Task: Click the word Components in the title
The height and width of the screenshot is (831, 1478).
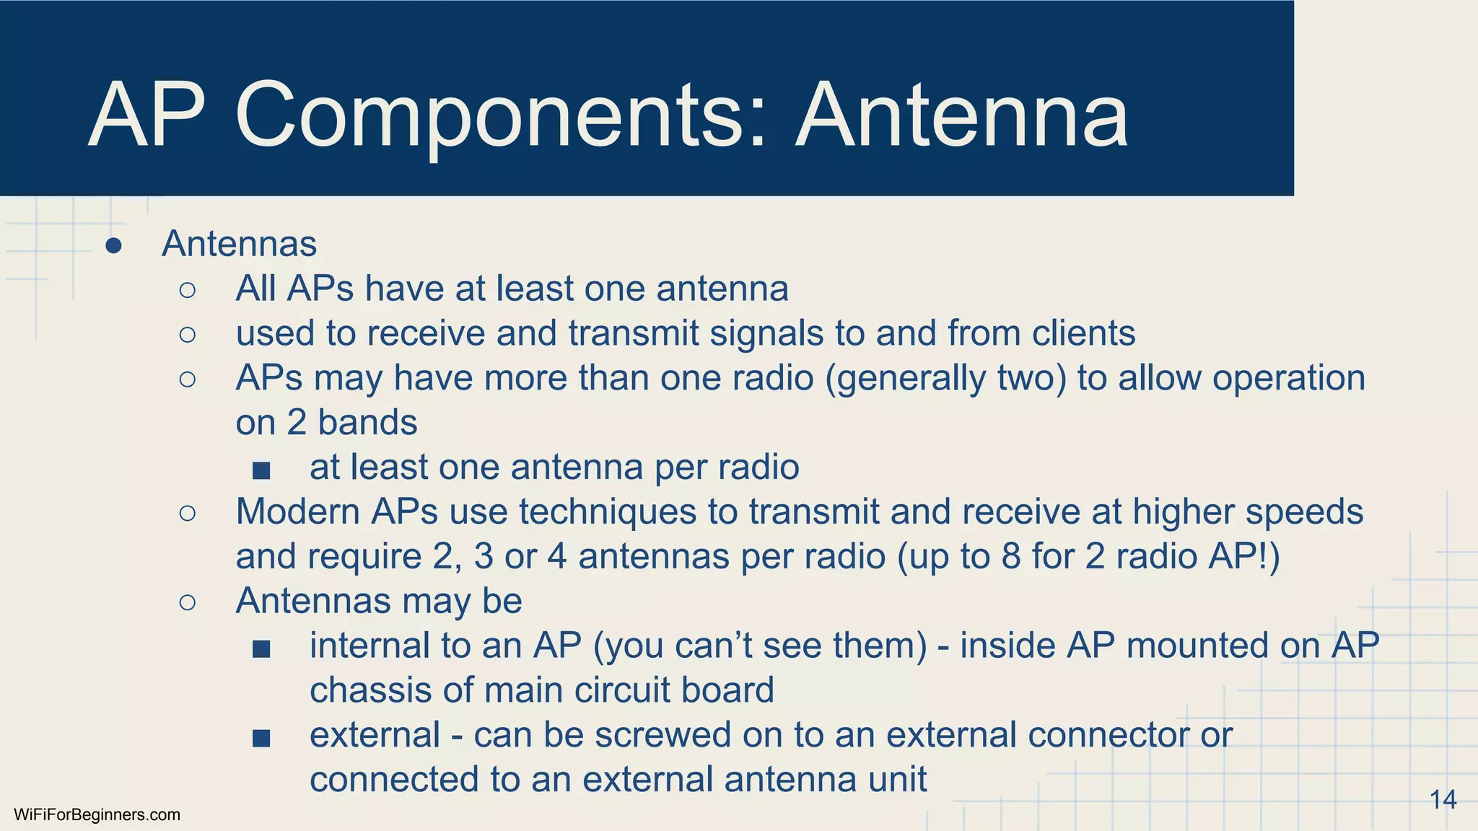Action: coord(491,115)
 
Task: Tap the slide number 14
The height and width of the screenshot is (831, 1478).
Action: coord(1443,800)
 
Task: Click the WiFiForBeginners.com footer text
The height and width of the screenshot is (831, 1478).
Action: coord(97,815)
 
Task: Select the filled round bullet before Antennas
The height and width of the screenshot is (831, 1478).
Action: coord(113,246)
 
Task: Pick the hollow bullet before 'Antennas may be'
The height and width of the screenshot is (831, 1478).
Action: coord(188,602)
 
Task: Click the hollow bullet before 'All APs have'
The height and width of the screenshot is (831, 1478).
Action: coord(188,290)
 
